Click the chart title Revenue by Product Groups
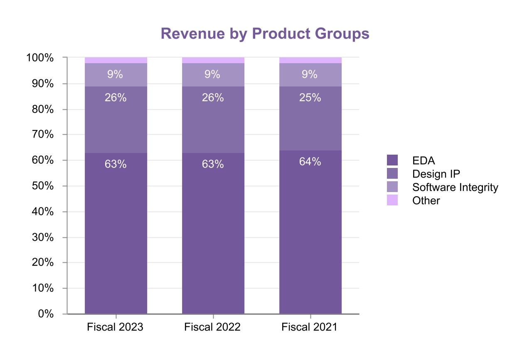[x=265, y=34]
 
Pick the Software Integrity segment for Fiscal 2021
[x=310, y=75]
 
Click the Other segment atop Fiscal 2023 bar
[x=116, y=60]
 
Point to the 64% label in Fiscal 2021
[x=310, y=162]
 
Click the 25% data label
[x=310, y=98]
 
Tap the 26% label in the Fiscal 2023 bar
[x=116, y=98]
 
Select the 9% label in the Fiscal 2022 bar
[x=213, y=74]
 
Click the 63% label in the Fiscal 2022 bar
[x=213, y=164]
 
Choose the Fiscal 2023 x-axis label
[x=115, y=327]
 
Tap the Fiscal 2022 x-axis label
[x=212, y=327]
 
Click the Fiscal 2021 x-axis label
[x=309, y=327]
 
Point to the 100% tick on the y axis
[x=40, y=58]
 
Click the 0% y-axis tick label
[x=46, y=314]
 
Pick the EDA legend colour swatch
[x=392, y=160]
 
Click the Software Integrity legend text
[x=455, y=187]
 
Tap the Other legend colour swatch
[x=392, y=200]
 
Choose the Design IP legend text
[x=436, y=174]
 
